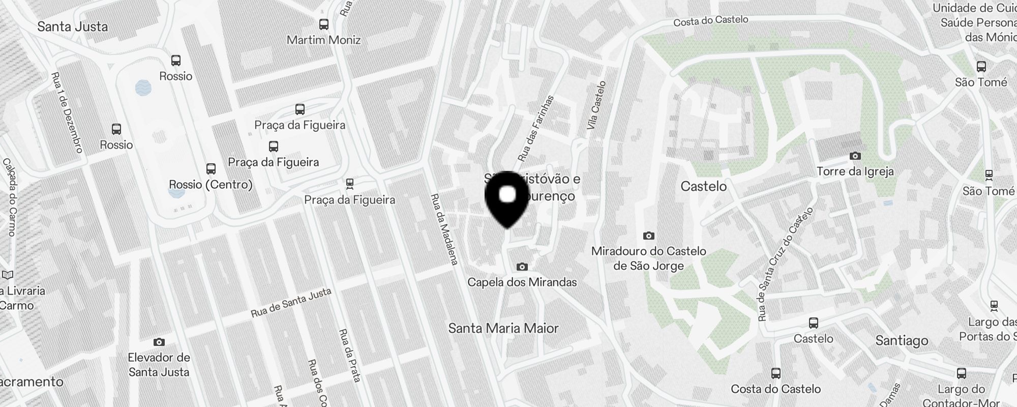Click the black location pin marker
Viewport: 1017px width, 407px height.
507,199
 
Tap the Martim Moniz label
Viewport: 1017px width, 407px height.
323,40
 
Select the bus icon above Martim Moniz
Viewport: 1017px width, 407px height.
323,24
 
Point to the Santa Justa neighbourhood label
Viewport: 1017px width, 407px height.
72,26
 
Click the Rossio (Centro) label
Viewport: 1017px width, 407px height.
211,184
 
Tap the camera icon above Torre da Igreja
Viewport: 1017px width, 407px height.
855,156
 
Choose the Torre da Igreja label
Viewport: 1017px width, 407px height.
855,171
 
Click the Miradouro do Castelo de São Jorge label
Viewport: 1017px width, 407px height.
648,258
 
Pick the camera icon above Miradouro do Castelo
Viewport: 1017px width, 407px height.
648,236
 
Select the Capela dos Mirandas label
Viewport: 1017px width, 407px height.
522,282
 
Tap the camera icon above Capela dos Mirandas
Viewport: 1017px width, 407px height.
522,267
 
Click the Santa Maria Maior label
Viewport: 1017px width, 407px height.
503,328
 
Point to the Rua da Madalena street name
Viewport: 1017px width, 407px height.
444,229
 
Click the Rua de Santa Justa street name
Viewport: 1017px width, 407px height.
291,303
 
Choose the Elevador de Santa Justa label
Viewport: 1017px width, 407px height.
159,365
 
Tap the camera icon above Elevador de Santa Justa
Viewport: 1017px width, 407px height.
159,342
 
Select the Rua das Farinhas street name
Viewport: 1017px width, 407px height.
535,128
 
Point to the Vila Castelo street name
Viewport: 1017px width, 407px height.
596,105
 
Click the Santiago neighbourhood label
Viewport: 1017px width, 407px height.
902,340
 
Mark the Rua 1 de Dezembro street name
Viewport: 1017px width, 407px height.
67,112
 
